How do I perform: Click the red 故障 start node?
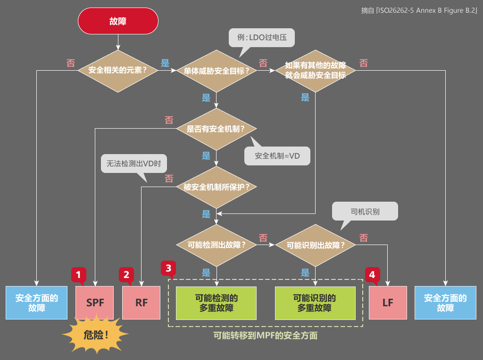117,21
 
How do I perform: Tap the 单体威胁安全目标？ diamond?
217,71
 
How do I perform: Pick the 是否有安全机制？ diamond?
217,129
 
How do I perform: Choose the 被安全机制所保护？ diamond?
217,187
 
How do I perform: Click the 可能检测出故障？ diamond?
217,245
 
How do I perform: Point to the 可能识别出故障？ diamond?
315,245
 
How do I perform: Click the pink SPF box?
95,303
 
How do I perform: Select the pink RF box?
142,303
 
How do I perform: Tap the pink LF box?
388,303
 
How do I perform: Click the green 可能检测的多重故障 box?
216,303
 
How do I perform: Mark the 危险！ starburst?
96,335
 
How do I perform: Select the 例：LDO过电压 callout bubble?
261,37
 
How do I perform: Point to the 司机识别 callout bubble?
365,212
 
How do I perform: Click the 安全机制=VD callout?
277,155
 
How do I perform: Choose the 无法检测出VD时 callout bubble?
134,164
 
